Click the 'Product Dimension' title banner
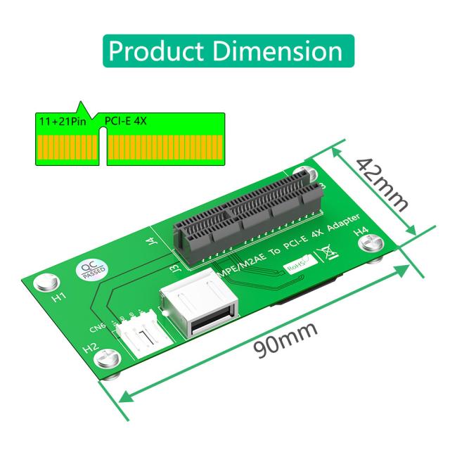coord(228,51)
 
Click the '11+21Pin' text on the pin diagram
coord(58,122)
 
